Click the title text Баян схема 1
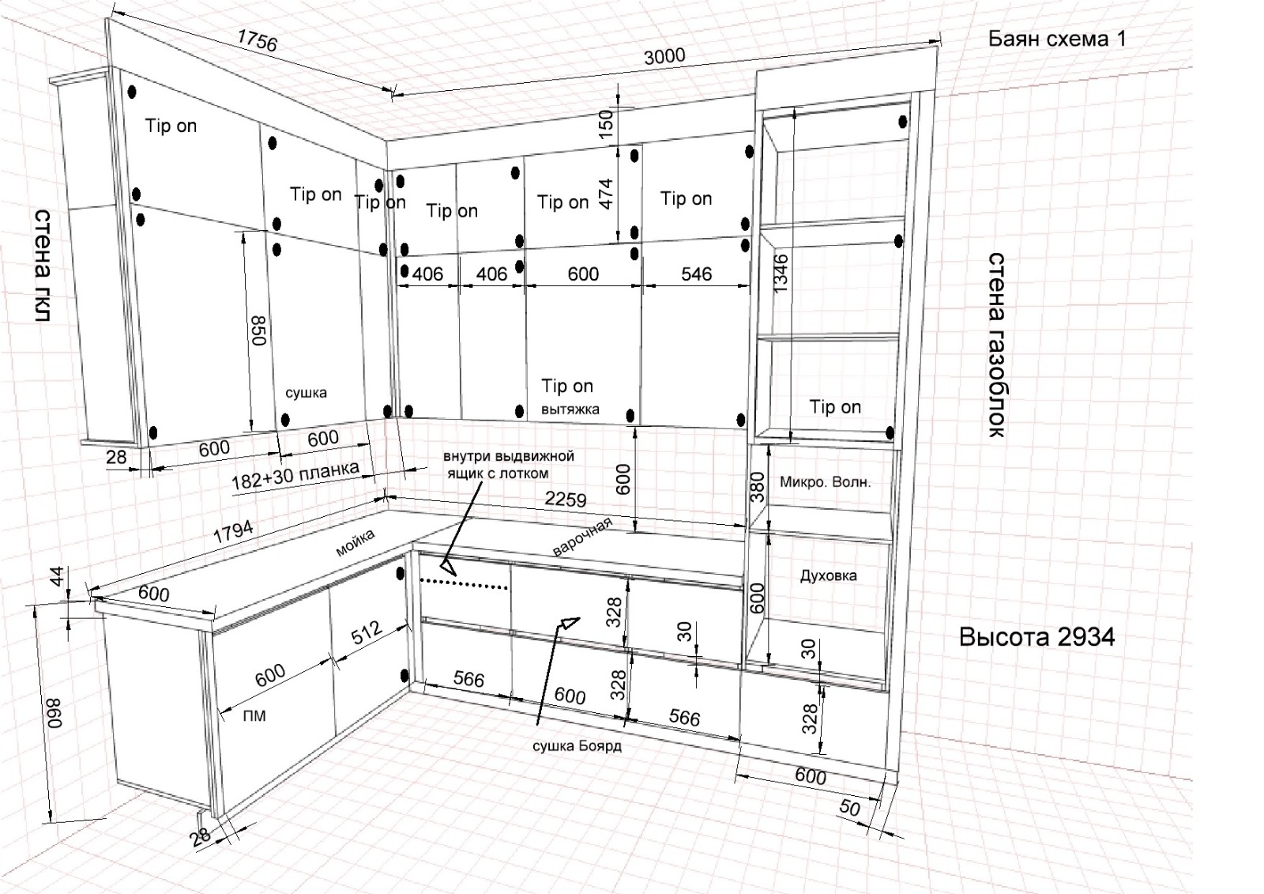point(1056,39)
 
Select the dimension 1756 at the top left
point(257,40)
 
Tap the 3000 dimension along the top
point(664,56)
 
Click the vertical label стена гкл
point(43,265)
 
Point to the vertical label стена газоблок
point(997,345)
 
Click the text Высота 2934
point(1036,637)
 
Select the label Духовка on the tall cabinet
point(828,575)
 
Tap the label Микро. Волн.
point(825,481)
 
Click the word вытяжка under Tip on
point(570,409)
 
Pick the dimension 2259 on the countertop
point(566,499)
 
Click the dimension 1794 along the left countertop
point(233,531)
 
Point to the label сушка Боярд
point(577,745)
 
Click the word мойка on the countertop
point(355,543)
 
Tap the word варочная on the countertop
point(582,538)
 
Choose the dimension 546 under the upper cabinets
point(696,273)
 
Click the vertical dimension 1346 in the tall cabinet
point(781,273)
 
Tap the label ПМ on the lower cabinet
point(254,716)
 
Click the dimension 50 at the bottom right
point(849,807)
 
